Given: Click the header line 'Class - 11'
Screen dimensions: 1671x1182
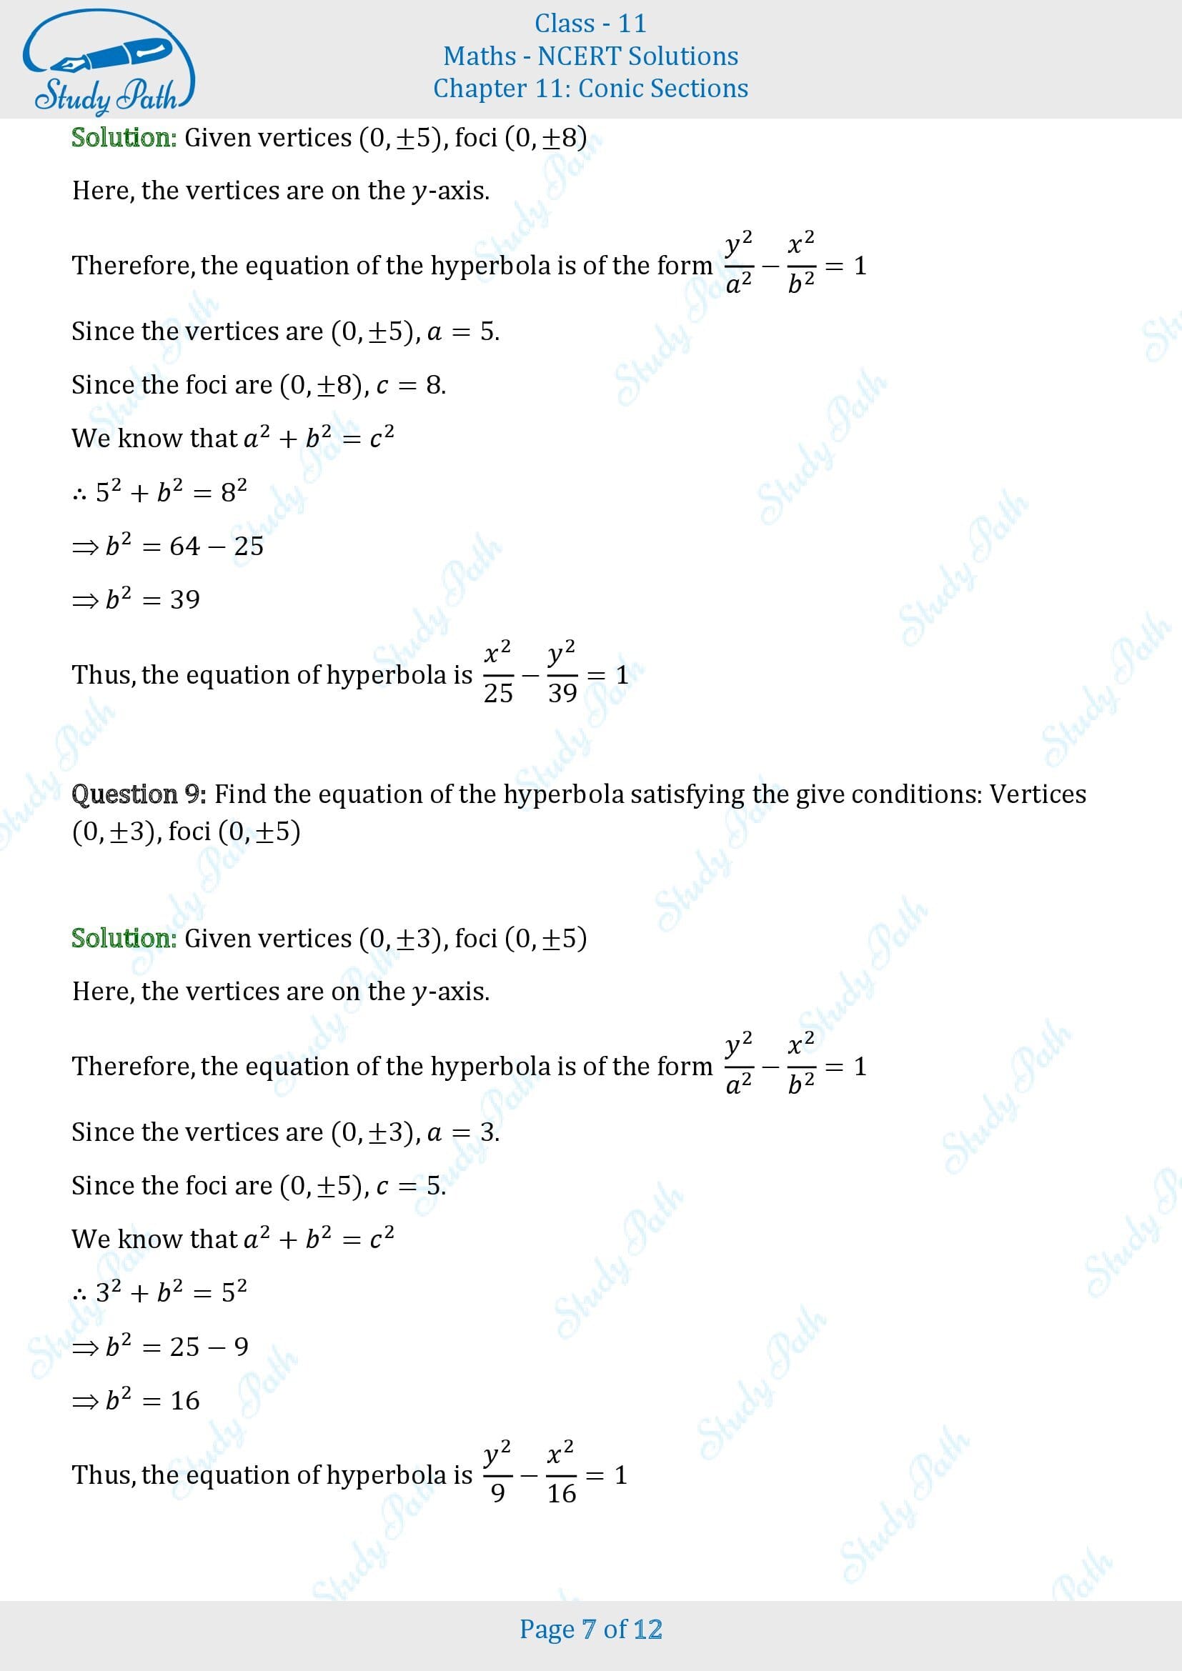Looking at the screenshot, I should [590, 24].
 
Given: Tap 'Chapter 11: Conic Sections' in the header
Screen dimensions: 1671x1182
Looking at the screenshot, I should [590, 88].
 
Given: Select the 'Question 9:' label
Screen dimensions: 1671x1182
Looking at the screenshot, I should [139, 793].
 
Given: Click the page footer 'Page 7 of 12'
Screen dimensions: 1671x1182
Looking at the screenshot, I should [590, 1629].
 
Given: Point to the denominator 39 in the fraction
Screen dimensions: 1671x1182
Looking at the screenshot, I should [562, 693].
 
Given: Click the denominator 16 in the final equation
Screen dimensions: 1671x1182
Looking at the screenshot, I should [561, 1493].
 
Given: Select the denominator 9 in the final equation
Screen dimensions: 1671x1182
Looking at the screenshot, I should [498, 1493].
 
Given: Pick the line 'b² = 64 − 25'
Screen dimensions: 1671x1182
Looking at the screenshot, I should [184, 546].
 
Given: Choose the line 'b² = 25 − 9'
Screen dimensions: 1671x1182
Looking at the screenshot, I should [177, 1347].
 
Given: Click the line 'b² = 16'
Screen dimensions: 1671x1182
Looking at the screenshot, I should [152, 1400].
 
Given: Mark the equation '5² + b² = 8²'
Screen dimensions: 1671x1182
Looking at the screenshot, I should [171, 492].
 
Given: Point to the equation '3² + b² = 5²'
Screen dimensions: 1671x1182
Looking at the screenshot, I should [171, 1292].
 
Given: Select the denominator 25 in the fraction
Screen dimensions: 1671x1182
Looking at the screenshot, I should [498, 693].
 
